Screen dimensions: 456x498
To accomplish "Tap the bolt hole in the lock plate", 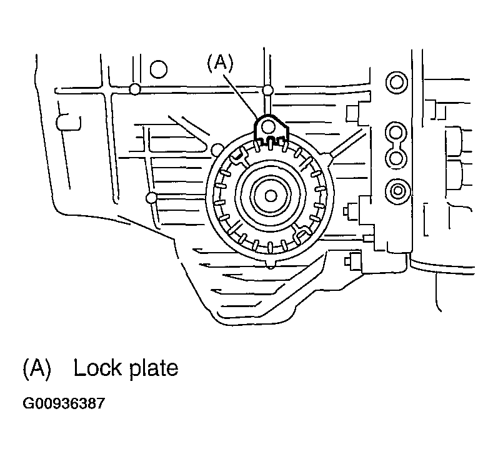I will pyautogui.click(x=269, y=127).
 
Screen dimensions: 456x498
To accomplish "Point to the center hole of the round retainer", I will pyautogui.click(x=271, y=196).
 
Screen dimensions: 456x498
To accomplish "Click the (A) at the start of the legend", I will pyautogui.click(x=36, y=368).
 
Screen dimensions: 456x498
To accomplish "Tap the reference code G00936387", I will pyautogui.click(x=64, y=403).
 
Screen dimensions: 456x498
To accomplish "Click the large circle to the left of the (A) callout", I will pyautogui.click(x=159, y=68).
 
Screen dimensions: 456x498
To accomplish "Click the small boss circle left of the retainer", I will pyautogui.click(x=151, y=198).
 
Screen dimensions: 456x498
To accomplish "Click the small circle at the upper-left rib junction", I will pyautogui.click(x=134, y=88).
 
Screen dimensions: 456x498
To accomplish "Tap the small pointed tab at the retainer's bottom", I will pyautogui.click(x=269, y=264).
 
